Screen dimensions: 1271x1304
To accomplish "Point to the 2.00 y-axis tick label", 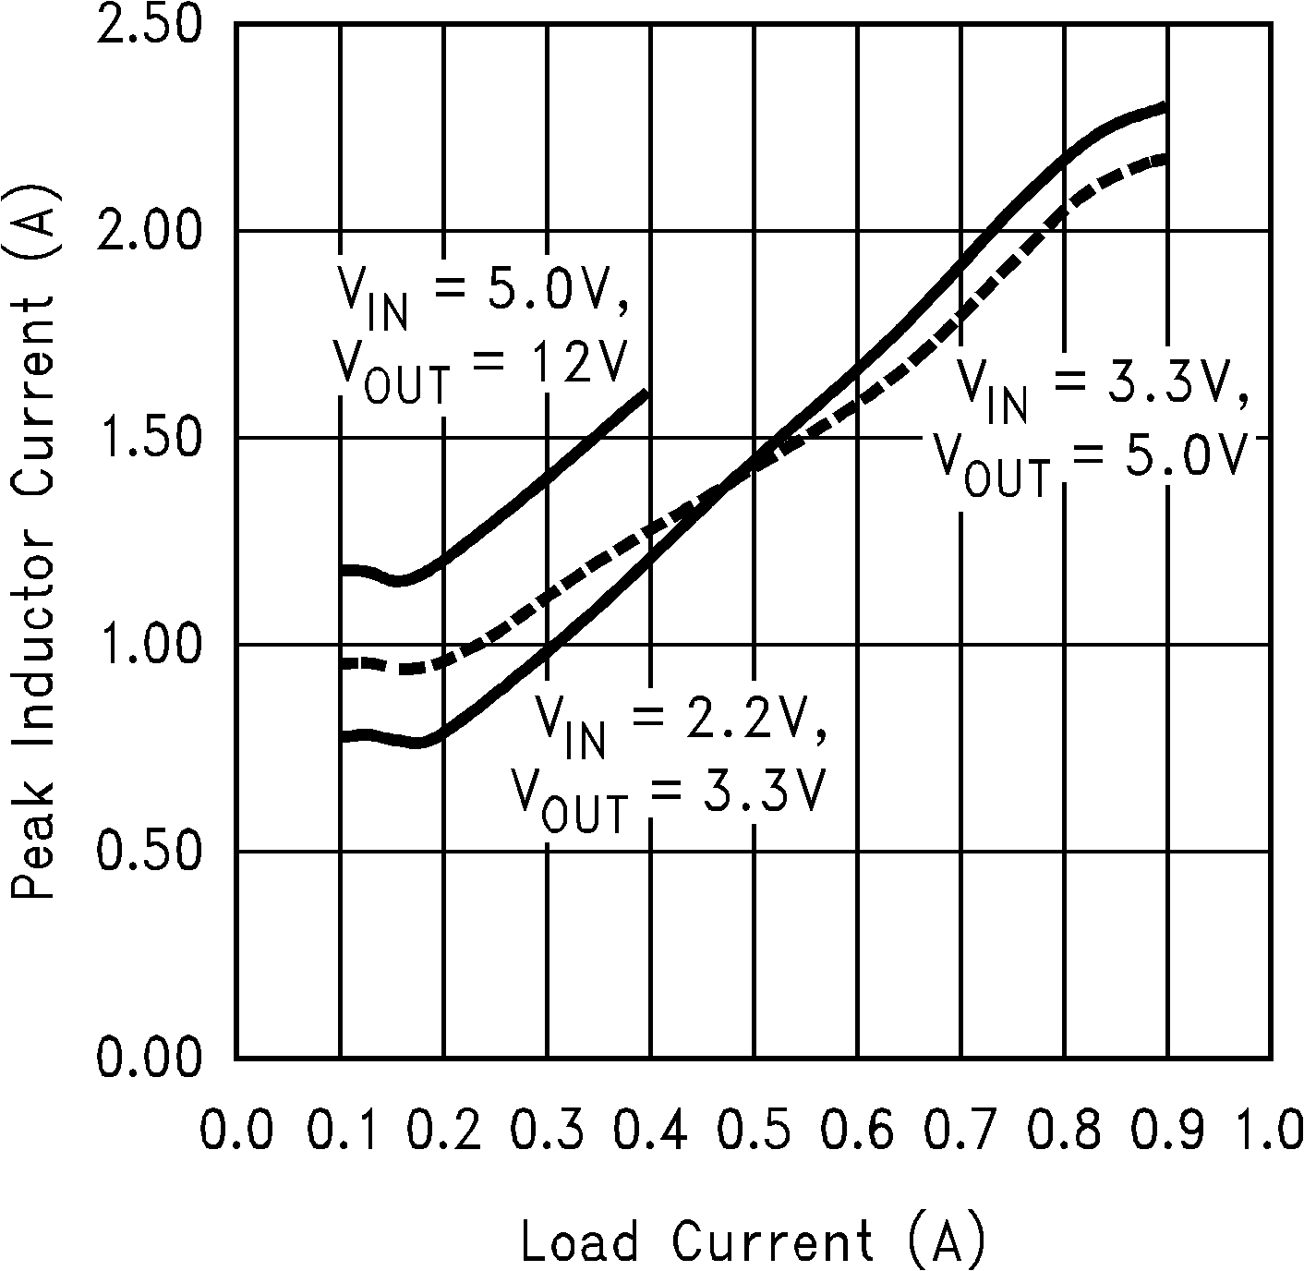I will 148,230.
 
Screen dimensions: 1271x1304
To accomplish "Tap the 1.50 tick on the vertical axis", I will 148,437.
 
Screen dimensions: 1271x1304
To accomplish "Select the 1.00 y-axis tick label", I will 148,644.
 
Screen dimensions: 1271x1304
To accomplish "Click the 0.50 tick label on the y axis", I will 148,851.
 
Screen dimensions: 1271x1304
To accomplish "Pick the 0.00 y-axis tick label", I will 148,1058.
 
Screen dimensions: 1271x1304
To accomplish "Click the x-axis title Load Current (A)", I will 753,1241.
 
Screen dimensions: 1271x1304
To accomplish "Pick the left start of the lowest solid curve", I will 343,736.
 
